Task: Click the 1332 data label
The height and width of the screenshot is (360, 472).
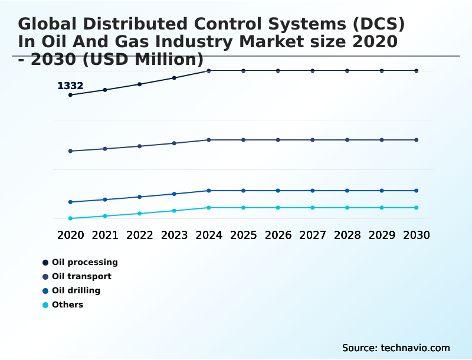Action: point(70,86)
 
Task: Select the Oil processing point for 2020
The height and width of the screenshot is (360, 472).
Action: point(70,95)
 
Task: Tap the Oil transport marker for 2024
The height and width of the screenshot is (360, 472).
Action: point(209,140)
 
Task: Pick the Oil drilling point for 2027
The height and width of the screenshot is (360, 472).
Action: point(313,191)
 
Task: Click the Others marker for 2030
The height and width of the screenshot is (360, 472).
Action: point(417,208)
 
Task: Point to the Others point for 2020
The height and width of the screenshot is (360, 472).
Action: point(70,218)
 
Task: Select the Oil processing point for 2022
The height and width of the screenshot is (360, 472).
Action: point(140,84)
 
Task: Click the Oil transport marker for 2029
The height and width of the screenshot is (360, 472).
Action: point(382,140)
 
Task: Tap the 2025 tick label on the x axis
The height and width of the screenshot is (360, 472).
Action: point(243,235)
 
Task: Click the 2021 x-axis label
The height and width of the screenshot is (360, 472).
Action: point(105,235)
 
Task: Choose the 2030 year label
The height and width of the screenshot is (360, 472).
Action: point(417,235)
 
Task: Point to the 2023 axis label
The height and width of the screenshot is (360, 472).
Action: point(174,235)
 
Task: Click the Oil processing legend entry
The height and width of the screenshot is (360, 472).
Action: point(84,262)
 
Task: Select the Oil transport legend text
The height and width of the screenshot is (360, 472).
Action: point(81,276)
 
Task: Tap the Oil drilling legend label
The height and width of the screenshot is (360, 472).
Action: point(76,290)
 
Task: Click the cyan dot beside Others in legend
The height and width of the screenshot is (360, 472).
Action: point(45,305)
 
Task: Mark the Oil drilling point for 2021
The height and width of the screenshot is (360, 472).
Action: point(105,199)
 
